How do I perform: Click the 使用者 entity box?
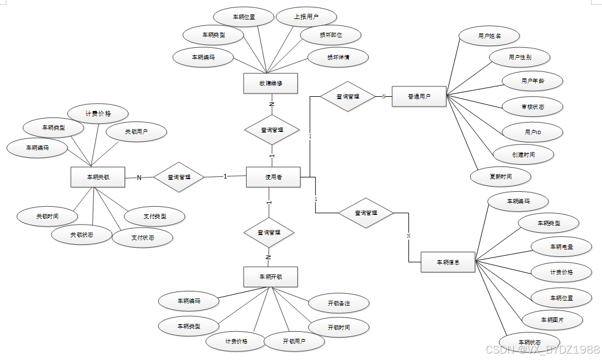[x=273, y=177]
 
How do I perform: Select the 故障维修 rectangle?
[x=270, y=84]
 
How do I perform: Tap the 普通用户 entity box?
[x=419, y=96]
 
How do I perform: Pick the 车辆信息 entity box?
[x=448, y=263]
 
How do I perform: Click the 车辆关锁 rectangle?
[x=97, y=177]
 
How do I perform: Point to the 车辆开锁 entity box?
[x=270, y=277]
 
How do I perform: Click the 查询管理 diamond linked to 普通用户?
[x=347, y=96]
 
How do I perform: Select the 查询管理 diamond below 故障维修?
[x=272, y=130]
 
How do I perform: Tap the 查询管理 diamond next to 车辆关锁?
[x=179, y=177]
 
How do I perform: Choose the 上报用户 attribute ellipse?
[x=306, y=17]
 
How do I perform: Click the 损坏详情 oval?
[x=338, y=57]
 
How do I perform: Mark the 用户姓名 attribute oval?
[x=489, y=36]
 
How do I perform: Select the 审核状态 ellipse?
[x=532, y=107]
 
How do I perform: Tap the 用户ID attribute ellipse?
[x=532, y=132]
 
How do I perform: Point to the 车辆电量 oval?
[x=561, y=247]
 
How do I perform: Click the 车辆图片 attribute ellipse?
[x=552, y=320]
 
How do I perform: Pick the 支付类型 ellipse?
[x=155, y=217]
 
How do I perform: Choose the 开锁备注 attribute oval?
[x=339, y=303]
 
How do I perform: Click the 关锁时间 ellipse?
[x=47, y=217]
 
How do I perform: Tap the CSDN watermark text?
[x=542, y=350]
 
